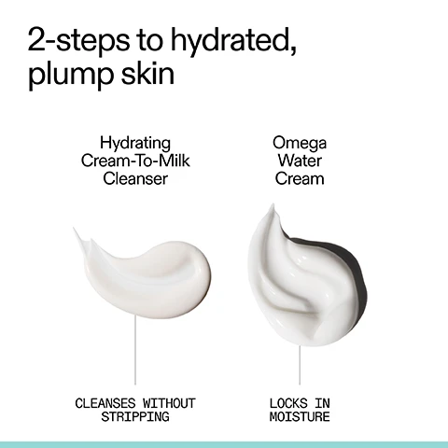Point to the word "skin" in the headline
tap(149, 73)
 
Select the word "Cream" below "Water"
tap(300, 177)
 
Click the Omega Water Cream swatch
tap(294, 280)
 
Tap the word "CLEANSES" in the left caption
tap(104, 403)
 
